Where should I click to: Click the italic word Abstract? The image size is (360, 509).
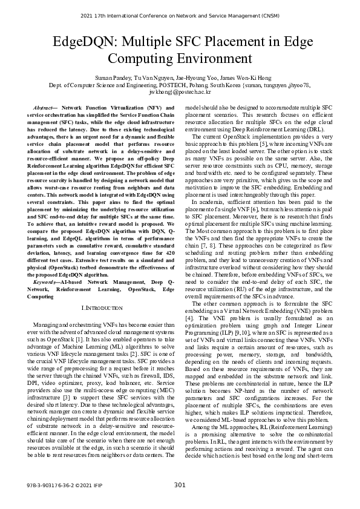(x=43, y=107)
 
